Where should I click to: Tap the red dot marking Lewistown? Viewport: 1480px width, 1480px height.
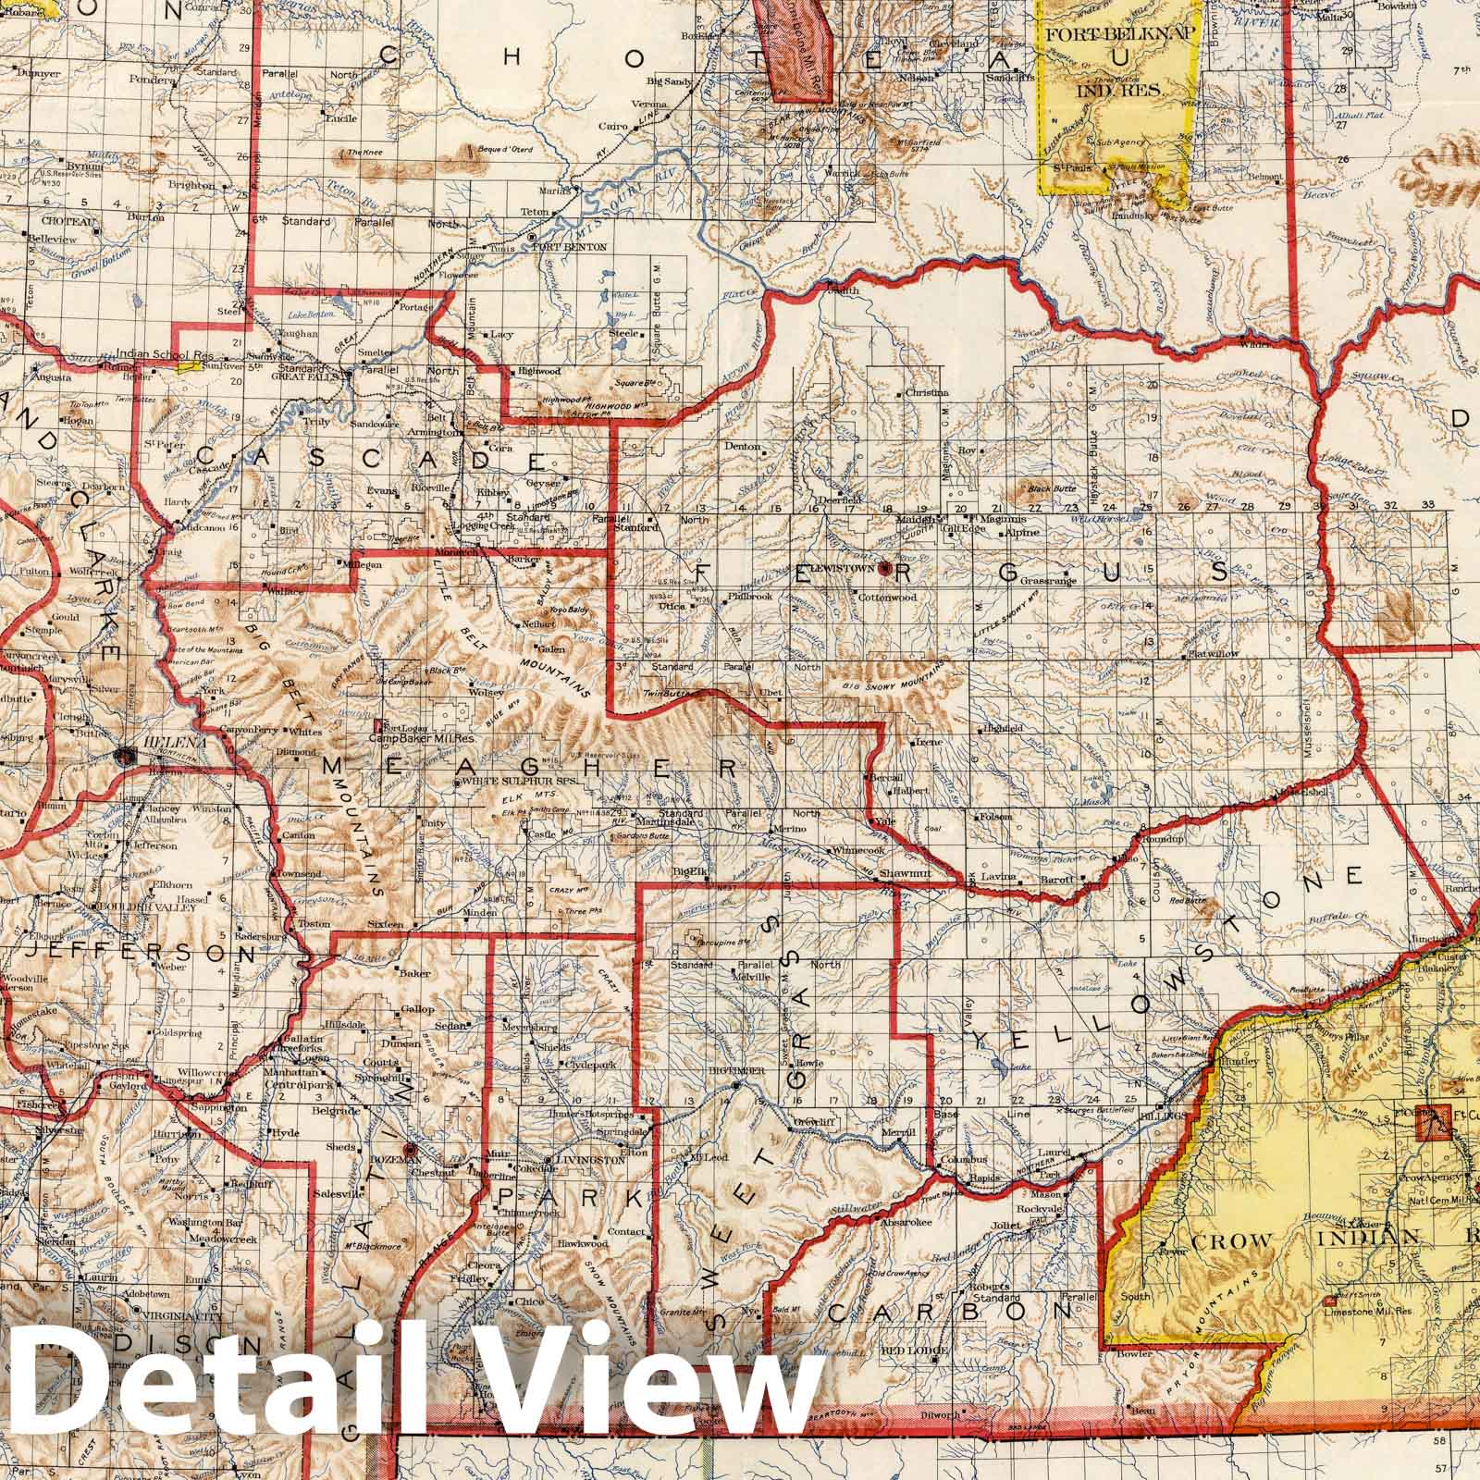(884, 569)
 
